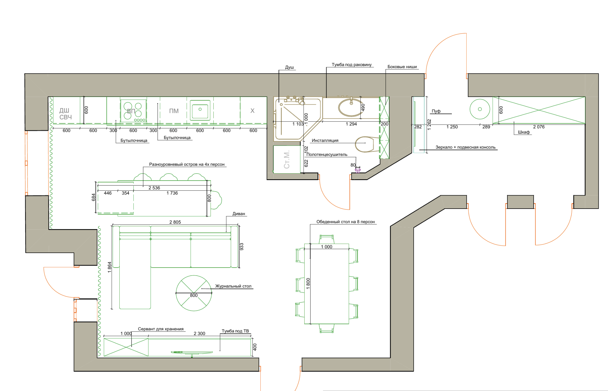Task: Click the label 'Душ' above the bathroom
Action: pyautogui.click(x=289, y=67)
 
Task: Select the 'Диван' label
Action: pyautogui.click(x=239, y=214)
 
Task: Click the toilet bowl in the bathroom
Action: pyautogui.click(x=364, y=144)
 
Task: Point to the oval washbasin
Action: pyautogui.click(x=351, y=108)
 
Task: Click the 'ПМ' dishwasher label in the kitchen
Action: pyautogui.click(x=174, y=111)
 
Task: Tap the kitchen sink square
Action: pyautogui.click(x=200, y=110)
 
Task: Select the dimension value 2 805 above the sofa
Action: pyautogui.click(x=175, y=222)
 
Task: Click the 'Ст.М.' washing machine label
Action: pyautogui.click(x=287, y=159)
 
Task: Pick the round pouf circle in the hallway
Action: pyautogui.click(x=480, y=109)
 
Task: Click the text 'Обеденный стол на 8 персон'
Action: pyautogui.click(x=346, y=222)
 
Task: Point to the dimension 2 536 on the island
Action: pyautogui.click(x=154, y=188)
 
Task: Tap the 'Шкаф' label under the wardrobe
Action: pyautogui.click(x=524, y=132)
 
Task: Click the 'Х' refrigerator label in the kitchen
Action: pyautogui.click(x=252, y=111)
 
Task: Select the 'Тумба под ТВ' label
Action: pyautogui.click(x=235, y=331)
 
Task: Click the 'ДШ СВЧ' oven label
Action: pyautogui.click(x=66, y=114)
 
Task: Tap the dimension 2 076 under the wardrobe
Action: pyautogui.click(x=539, y=127)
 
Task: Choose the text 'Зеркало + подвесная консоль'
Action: pyautogui.click(x=466, y=147)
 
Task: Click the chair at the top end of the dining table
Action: pyautogui.click(x=327, y=239)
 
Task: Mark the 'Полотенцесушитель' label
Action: pyautogui.click(x=327, y=154)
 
